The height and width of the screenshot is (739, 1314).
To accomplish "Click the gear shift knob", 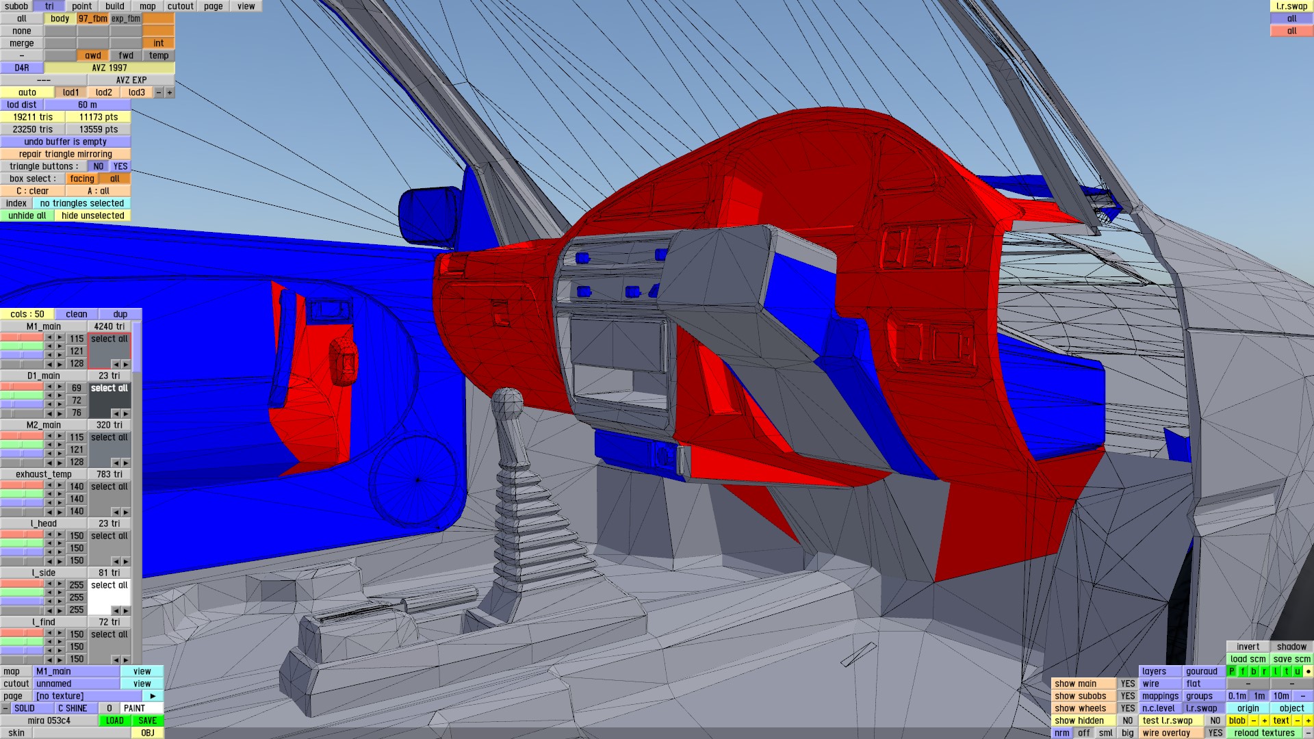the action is point(508,403).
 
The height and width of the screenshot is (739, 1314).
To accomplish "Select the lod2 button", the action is point(104,92).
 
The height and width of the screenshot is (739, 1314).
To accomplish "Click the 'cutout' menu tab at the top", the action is point(181,6).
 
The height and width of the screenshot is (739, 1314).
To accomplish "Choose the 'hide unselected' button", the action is point(92,216).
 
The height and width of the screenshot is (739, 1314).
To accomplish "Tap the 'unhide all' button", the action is point(27,216).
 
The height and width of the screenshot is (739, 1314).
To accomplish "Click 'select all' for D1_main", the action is point(109,388).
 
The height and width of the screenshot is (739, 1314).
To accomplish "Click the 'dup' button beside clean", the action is point(120,314).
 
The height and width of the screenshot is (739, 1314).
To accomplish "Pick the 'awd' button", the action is point(93,55).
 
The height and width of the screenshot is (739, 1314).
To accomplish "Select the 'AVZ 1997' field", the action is point(109,68).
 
